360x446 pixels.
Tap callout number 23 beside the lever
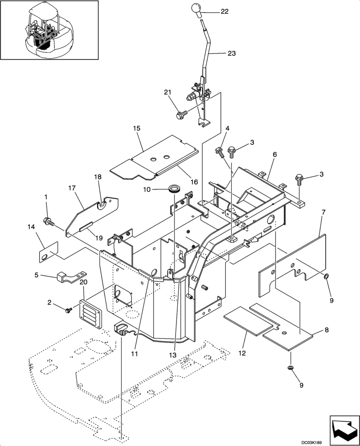231,53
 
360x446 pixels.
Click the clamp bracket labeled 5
69,277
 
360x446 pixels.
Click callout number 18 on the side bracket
98,177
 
